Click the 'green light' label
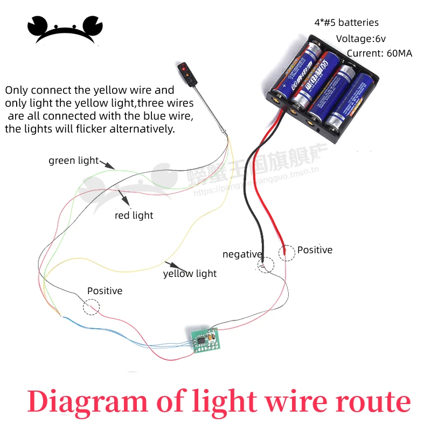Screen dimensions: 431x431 coord(73,161)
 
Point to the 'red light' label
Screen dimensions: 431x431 coord(134,215)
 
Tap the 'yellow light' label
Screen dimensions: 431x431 coord(190,274)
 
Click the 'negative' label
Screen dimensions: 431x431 coord(242,254)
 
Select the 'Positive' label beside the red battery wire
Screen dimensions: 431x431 coord(315,250)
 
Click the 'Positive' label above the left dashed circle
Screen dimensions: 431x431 coord(105,291)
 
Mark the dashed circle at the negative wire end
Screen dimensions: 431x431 coord(266,265)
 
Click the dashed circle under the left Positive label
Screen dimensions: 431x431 coord(92,307)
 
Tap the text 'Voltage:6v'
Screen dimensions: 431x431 coord(360,38)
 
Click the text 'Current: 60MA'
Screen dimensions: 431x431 coord(379,53)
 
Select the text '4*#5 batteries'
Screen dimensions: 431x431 coord(346,23)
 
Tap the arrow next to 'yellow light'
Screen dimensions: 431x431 coord(172,265)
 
